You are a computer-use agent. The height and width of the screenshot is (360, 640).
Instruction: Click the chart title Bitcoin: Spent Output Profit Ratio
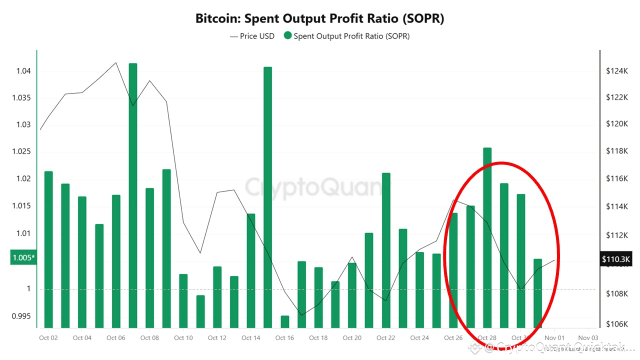point(319,19)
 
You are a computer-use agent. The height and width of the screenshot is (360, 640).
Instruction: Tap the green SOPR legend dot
point(287,36)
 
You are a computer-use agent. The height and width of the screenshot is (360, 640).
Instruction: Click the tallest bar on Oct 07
point(133,195)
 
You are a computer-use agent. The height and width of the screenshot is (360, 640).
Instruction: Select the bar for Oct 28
point(487,237)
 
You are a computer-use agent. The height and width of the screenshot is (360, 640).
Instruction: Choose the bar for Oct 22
point(386,250)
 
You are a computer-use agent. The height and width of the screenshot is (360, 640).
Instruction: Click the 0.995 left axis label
point(21,316)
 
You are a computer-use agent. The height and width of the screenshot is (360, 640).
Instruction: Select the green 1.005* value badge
point(23,257)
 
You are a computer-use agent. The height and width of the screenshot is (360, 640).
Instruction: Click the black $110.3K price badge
point(616,259)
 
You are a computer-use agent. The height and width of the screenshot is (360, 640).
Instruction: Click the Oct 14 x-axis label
point(250,338)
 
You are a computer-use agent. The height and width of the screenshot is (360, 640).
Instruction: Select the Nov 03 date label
point(588,338)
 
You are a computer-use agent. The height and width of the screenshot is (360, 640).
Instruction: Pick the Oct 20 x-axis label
point(352,338)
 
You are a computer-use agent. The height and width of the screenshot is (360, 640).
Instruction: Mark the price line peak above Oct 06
point(116,62)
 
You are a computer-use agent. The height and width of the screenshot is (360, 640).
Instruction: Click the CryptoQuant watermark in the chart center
point(314,188)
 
